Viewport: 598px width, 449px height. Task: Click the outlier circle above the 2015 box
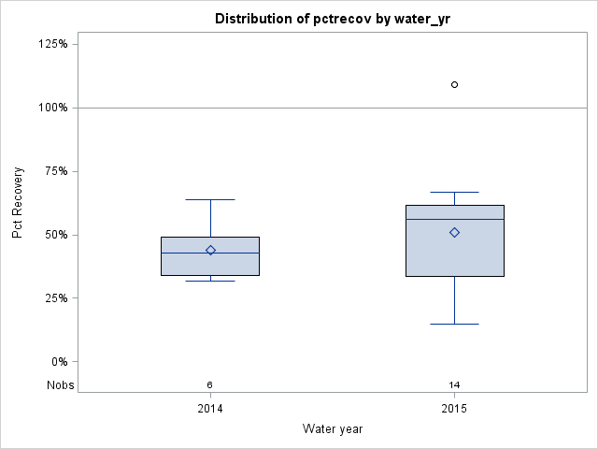[x=455, y=84]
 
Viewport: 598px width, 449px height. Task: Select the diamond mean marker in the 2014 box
[x=210, y=250]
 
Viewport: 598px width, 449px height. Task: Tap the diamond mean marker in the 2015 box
[x=455, y=232]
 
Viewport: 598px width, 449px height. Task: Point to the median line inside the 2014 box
[x=210, y=253]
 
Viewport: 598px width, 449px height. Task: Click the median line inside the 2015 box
[x=455, y=219]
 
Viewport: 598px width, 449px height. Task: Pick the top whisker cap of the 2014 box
[x=210, y=199]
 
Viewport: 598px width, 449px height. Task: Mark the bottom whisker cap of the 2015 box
[x=455, y=324]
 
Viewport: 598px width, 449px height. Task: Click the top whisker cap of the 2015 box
[x=455, y=192]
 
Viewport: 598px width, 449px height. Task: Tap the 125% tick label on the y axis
[x=52, y=44]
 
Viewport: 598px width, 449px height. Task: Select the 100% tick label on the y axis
[x=52, y=108]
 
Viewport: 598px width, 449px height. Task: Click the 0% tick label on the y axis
[x=58, y=362]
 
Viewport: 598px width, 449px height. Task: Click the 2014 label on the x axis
[x=210, y=409]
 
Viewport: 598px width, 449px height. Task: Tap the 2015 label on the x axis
[x=455, y=409]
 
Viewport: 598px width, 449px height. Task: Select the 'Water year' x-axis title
[x=333, y=428]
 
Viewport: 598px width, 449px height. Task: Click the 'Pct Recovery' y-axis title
[x=18, y=203]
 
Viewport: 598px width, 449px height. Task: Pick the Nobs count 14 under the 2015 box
[x=455, y=385]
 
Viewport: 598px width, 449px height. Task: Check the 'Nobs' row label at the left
[x=60, y=385]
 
